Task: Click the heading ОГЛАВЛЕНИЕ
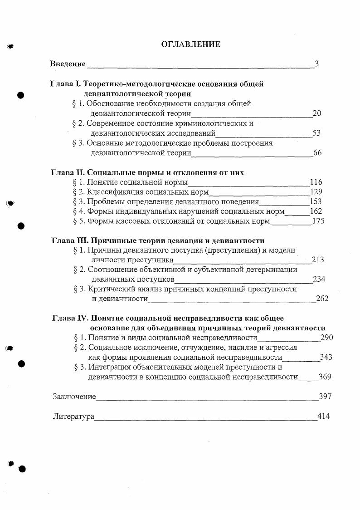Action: click(191, 44)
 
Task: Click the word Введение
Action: click(68, 64)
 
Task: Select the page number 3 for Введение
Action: click(316, 64)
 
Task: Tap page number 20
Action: click(317, 113)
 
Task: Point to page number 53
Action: click(317, 133)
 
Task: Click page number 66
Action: click(317, 153)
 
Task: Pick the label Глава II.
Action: click(67, 173)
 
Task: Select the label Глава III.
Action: click(68, 240)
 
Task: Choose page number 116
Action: click(316, 182)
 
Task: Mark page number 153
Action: click(315, 202)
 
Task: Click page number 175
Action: click(318, 221)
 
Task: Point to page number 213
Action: click(318, 260)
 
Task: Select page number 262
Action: click(322, 299)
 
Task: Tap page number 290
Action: click(326, 338)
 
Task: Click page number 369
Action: click(325, 377)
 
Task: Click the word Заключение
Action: click(74, 397)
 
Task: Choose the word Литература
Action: click(73, 416)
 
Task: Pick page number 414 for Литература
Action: click(324, 416)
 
